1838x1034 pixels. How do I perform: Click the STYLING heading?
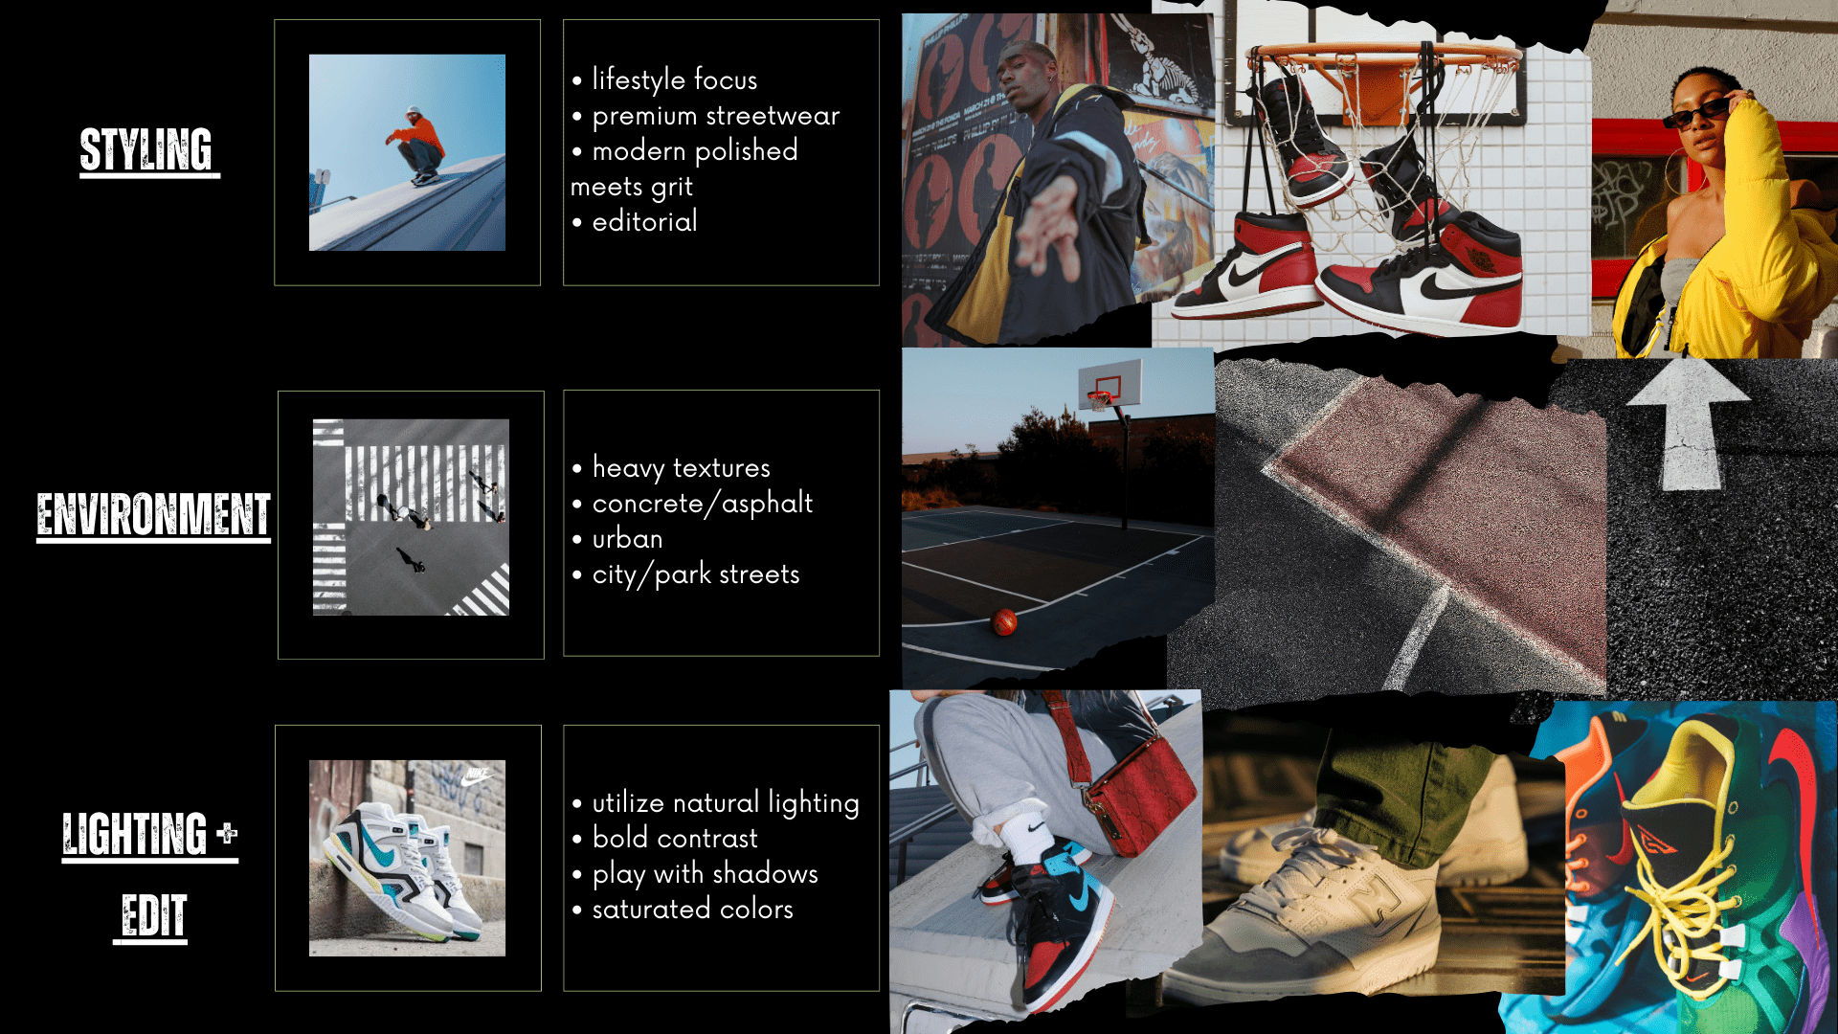[146, 150]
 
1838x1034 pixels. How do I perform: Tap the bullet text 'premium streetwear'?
[715, 116]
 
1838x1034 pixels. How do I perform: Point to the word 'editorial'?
[644, 221]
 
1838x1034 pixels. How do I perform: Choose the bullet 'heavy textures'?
[681, 468]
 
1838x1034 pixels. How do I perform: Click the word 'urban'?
[627, 539]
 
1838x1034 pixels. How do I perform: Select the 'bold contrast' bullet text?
[675, 838]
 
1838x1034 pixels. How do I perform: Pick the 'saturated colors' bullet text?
[692, 909]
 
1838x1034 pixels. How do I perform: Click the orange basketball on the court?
[1004, 622]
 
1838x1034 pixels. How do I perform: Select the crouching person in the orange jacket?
[416, 146]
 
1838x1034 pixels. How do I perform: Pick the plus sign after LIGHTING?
[227, 832]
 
